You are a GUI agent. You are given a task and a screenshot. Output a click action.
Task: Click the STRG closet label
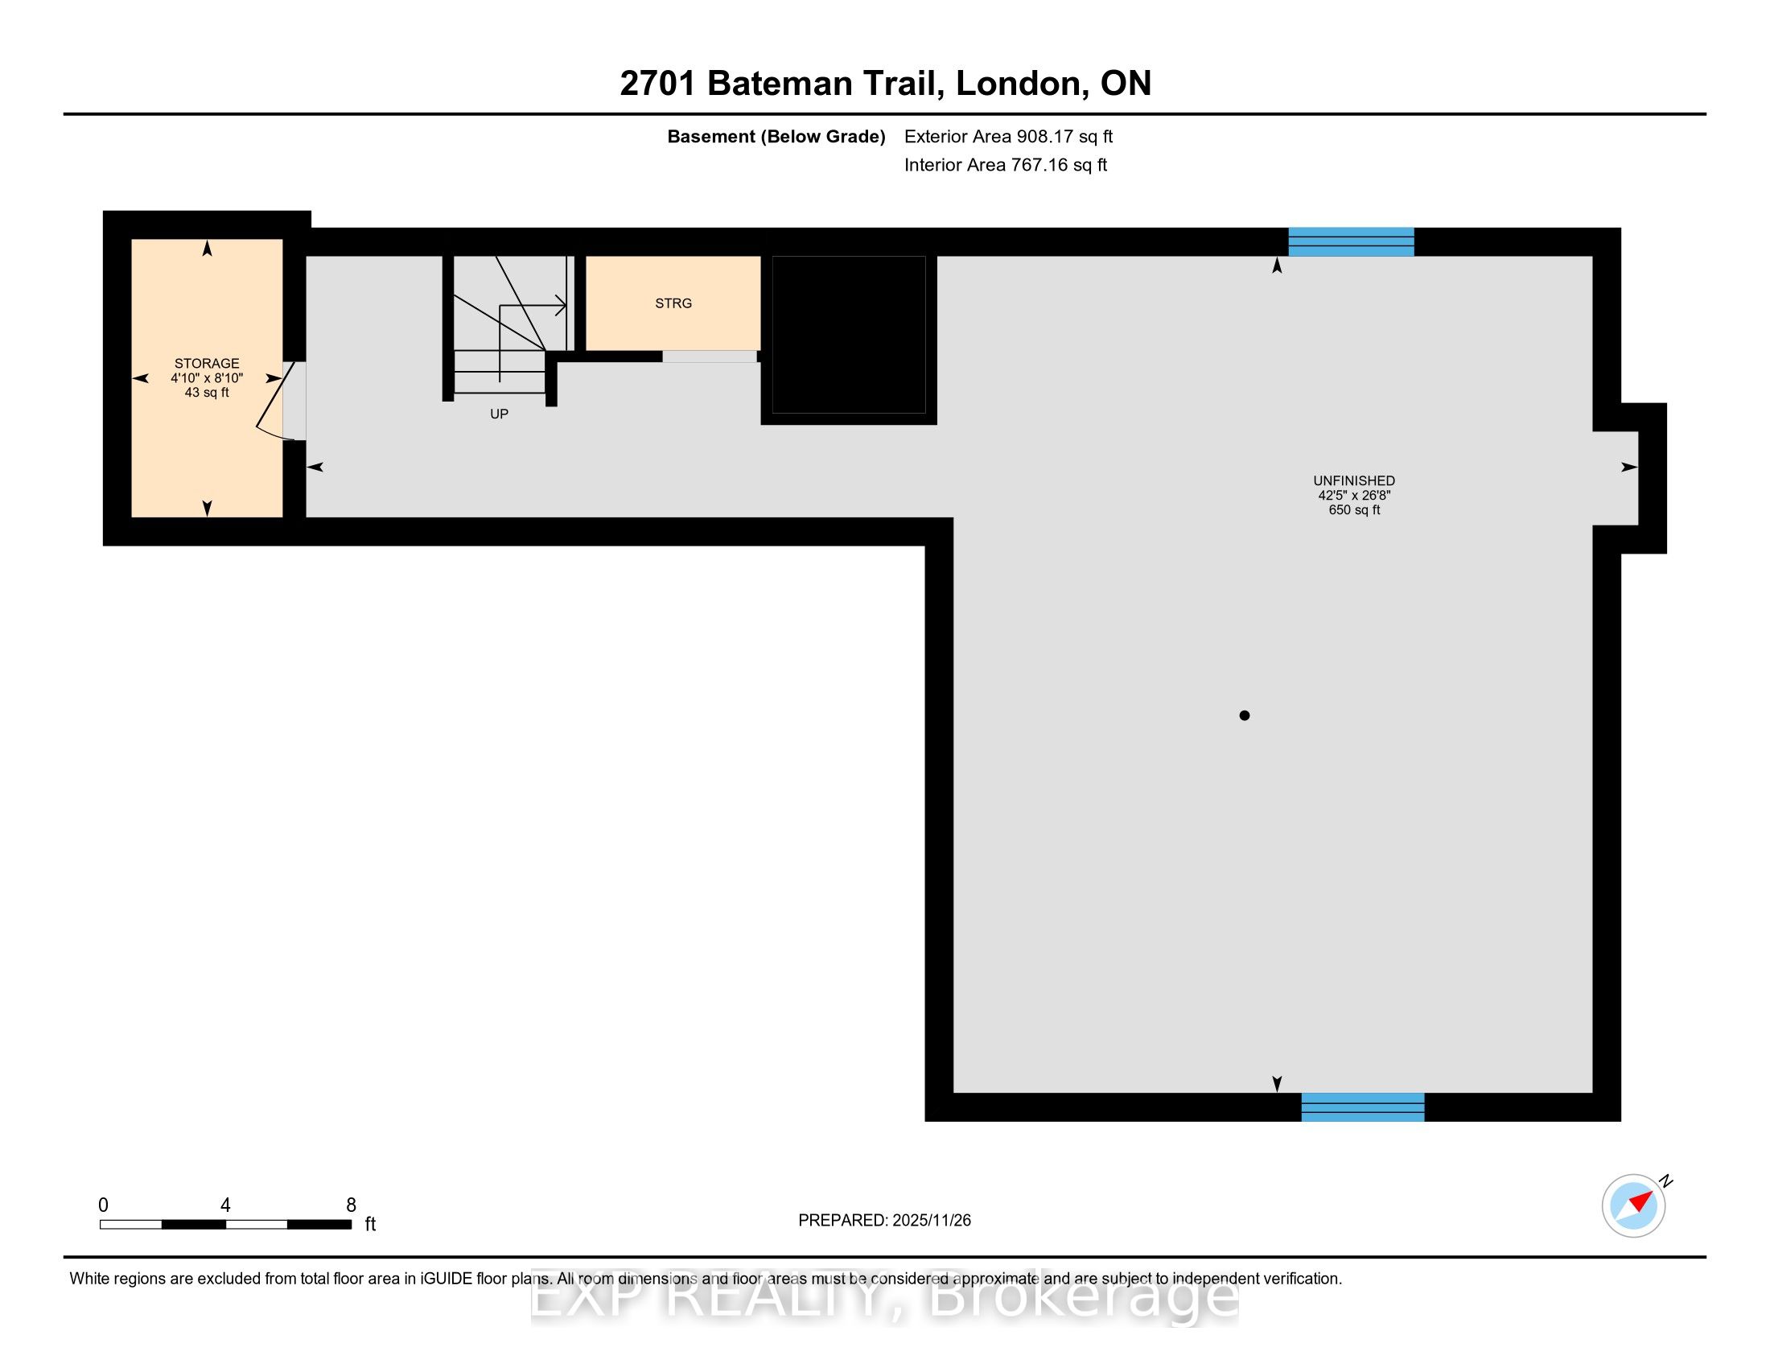pos(673,303)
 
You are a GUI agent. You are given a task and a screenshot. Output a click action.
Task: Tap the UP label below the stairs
pos(500,414)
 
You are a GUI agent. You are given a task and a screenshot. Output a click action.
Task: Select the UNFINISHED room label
pos(1354,480)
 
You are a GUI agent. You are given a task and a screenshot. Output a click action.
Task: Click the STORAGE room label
pos(207,363)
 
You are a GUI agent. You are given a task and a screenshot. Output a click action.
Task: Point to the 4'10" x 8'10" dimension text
pos(207,377)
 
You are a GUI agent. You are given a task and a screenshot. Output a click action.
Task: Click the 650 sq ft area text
pos(1354,509)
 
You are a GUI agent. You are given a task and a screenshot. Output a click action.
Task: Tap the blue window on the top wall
pos(1351,242)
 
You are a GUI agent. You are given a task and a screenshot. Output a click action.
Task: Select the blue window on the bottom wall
pos(1362,1107)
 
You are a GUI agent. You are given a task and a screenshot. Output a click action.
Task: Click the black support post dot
pos(1244,715)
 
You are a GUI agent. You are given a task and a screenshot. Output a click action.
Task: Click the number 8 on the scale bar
pos(351,1205)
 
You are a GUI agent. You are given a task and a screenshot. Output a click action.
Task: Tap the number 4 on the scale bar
pos(225,1205)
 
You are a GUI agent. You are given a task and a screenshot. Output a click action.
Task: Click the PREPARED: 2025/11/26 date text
pos(884,1221)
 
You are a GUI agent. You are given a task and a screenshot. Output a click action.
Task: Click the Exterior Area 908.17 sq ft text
pos(1008,136)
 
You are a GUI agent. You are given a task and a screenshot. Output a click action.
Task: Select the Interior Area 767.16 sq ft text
pos(1006,164)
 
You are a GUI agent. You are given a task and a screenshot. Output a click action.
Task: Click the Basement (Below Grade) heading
pos(776,136)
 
